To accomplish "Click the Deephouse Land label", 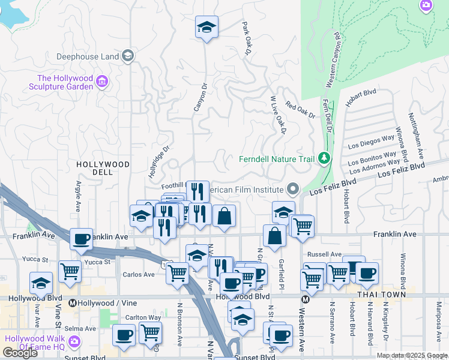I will point(87,57).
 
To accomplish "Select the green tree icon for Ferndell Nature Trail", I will point(325,158).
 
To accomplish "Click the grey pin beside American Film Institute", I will point(293,190).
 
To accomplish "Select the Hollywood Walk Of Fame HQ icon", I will point(74,342).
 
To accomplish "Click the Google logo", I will point(20,353).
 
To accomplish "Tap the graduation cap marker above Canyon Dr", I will point(206,28).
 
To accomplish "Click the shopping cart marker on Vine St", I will point(70,272).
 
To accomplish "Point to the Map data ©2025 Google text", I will point(412,355).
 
